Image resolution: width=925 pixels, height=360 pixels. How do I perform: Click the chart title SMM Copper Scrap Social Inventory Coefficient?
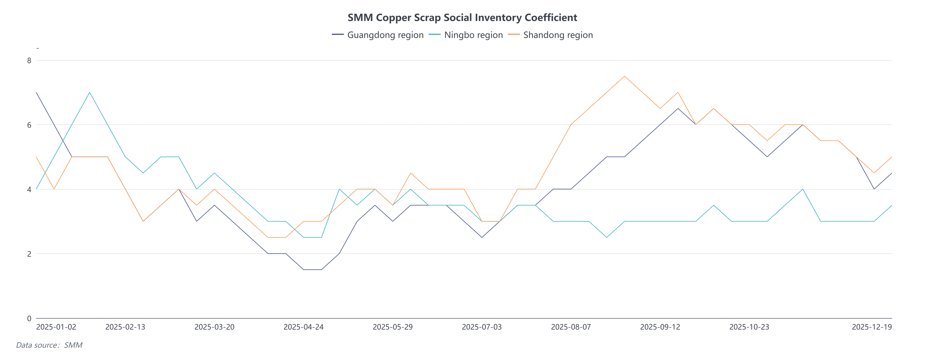[x=462, y=18]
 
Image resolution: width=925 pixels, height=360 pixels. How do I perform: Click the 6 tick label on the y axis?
[x=29, y=125]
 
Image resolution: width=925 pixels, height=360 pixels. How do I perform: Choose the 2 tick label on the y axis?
[x=29, y=254]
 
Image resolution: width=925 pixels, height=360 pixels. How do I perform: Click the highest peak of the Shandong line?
[x=624, y=76]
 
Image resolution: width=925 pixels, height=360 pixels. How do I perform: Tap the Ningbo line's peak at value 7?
[x=89, y=93]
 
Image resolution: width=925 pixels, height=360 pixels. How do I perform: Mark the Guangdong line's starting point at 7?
[x=37, y=93]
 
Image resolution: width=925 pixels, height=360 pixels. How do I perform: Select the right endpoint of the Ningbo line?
[x=892, y=205]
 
